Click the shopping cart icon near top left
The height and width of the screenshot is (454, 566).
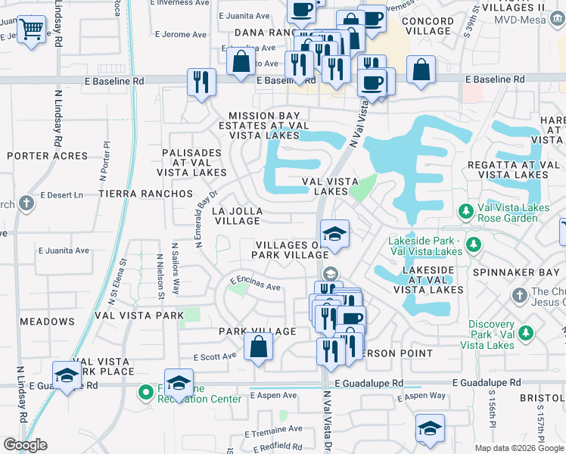(31, 30)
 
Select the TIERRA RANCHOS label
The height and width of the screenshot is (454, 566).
(145, 194)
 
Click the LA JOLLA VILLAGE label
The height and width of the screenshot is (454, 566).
(238, 216)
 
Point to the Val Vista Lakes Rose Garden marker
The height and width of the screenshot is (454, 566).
(466, 210)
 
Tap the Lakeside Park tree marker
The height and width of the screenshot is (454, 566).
(474, 244)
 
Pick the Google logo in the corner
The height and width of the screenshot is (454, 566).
(25, 445)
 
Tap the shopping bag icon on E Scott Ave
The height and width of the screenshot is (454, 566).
(259, 348)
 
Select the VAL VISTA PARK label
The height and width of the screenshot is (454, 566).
(139, 315)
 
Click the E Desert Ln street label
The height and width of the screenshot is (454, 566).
(61, 194)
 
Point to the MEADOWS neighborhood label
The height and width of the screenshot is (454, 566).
(47, 322)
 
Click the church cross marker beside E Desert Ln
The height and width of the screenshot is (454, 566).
(26, 203)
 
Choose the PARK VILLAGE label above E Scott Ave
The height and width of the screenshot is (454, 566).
(257, 331)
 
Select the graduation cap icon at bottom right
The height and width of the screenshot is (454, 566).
(430, 428)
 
